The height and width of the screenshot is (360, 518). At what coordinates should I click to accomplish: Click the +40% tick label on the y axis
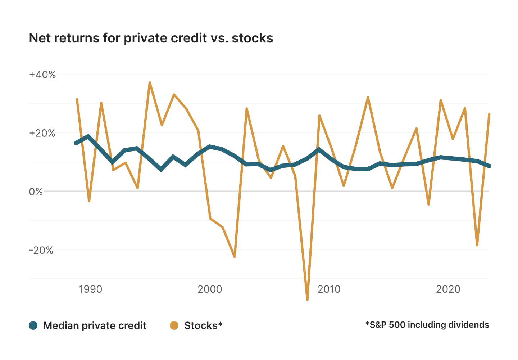(42, 75)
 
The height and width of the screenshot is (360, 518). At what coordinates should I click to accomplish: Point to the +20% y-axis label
(42, 133)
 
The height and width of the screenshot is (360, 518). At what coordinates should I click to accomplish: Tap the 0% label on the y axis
(36, 192)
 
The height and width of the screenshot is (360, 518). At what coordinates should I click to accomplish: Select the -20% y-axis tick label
(41, 250)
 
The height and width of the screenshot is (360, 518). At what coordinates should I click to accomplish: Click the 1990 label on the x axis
(91, 289)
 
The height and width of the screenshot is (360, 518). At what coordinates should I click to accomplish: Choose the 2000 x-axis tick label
(210, 289)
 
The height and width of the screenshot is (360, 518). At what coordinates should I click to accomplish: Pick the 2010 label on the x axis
(329, 289)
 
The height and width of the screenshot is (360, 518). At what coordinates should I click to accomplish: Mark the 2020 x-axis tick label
(448, 289)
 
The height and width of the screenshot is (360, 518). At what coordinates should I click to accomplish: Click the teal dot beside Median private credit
(33, 325)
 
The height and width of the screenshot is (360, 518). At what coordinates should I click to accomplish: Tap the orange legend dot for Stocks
(174, 325)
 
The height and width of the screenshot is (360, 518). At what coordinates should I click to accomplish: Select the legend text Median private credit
(95, 325)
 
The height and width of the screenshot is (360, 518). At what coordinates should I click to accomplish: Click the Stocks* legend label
(203, 325)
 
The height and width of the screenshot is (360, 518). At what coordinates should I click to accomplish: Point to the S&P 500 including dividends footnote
(427, 325)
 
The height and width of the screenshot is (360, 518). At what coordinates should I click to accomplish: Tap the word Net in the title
(40, 38)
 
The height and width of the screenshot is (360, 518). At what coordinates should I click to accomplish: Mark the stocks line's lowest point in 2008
(307, 300)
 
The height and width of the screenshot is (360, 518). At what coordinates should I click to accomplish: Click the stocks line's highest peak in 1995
(150, 82)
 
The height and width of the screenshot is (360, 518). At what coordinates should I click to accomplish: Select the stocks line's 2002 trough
(235, 257)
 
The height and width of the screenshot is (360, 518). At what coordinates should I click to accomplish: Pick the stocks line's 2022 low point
(477, 245)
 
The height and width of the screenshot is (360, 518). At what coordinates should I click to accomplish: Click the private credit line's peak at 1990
(88, 136)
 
